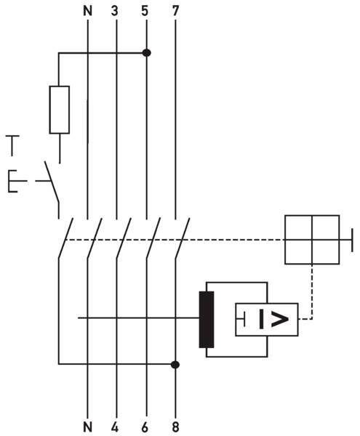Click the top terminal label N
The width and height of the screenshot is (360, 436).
(87, 11)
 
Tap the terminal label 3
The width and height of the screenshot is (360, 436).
(115, 11)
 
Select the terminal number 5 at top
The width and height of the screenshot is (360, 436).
(145, 11)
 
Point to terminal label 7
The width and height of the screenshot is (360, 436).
(175, 11)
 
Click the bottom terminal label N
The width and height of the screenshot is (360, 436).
(87, 427)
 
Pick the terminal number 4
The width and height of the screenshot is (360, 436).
(115, 427)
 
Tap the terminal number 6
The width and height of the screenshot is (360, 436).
(145, 427)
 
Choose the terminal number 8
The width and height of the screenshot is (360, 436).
(175, 427)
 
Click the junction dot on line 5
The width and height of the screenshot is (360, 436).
(147, 53)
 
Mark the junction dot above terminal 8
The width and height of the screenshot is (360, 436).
(175, 365)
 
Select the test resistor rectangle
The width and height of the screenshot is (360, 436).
(59, 110)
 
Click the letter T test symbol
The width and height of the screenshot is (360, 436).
(12, 145)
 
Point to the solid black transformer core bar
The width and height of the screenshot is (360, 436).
(207, 320)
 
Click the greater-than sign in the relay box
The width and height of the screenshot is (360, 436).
(280, 319)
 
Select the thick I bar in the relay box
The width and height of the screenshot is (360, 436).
(261, 319)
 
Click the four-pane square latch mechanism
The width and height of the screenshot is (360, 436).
(312, 240)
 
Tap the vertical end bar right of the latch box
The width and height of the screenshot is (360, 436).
(353, 240)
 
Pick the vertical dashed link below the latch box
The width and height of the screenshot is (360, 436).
(312, 291)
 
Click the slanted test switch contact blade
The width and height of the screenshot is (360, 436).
(52, 181)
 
